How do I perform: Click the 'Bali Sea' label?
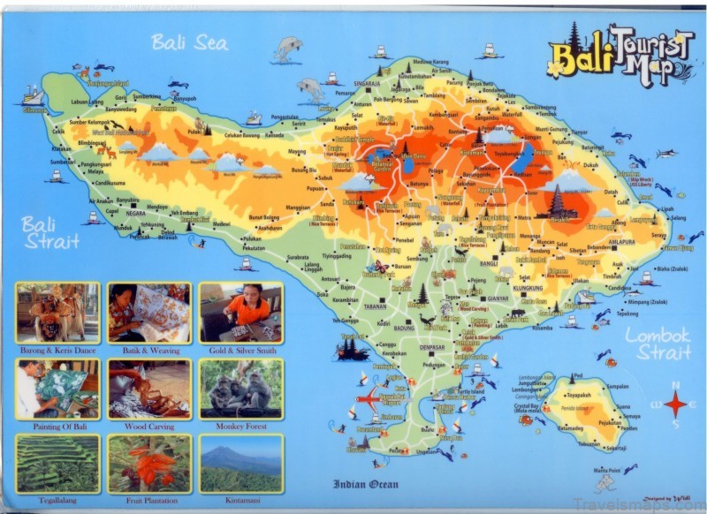[188, 42]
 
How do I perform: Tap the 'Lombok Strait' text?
[658, 344]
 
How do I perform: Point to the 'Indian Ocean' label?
[365, 484]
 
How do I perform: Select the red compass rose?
[676, 404]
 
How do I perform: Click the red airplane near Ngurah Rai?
[368, 399]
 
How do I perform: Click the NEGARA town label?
[135, 213]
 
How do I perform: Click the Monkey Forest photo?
[240, 389]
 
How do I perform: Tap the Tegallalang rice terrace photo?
[57, 464]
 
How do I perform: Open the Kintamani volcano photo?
[240, 464]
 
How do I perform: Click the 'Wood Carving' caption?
[148, 426]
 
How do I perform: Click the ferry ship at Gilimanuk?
[33, 94]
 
